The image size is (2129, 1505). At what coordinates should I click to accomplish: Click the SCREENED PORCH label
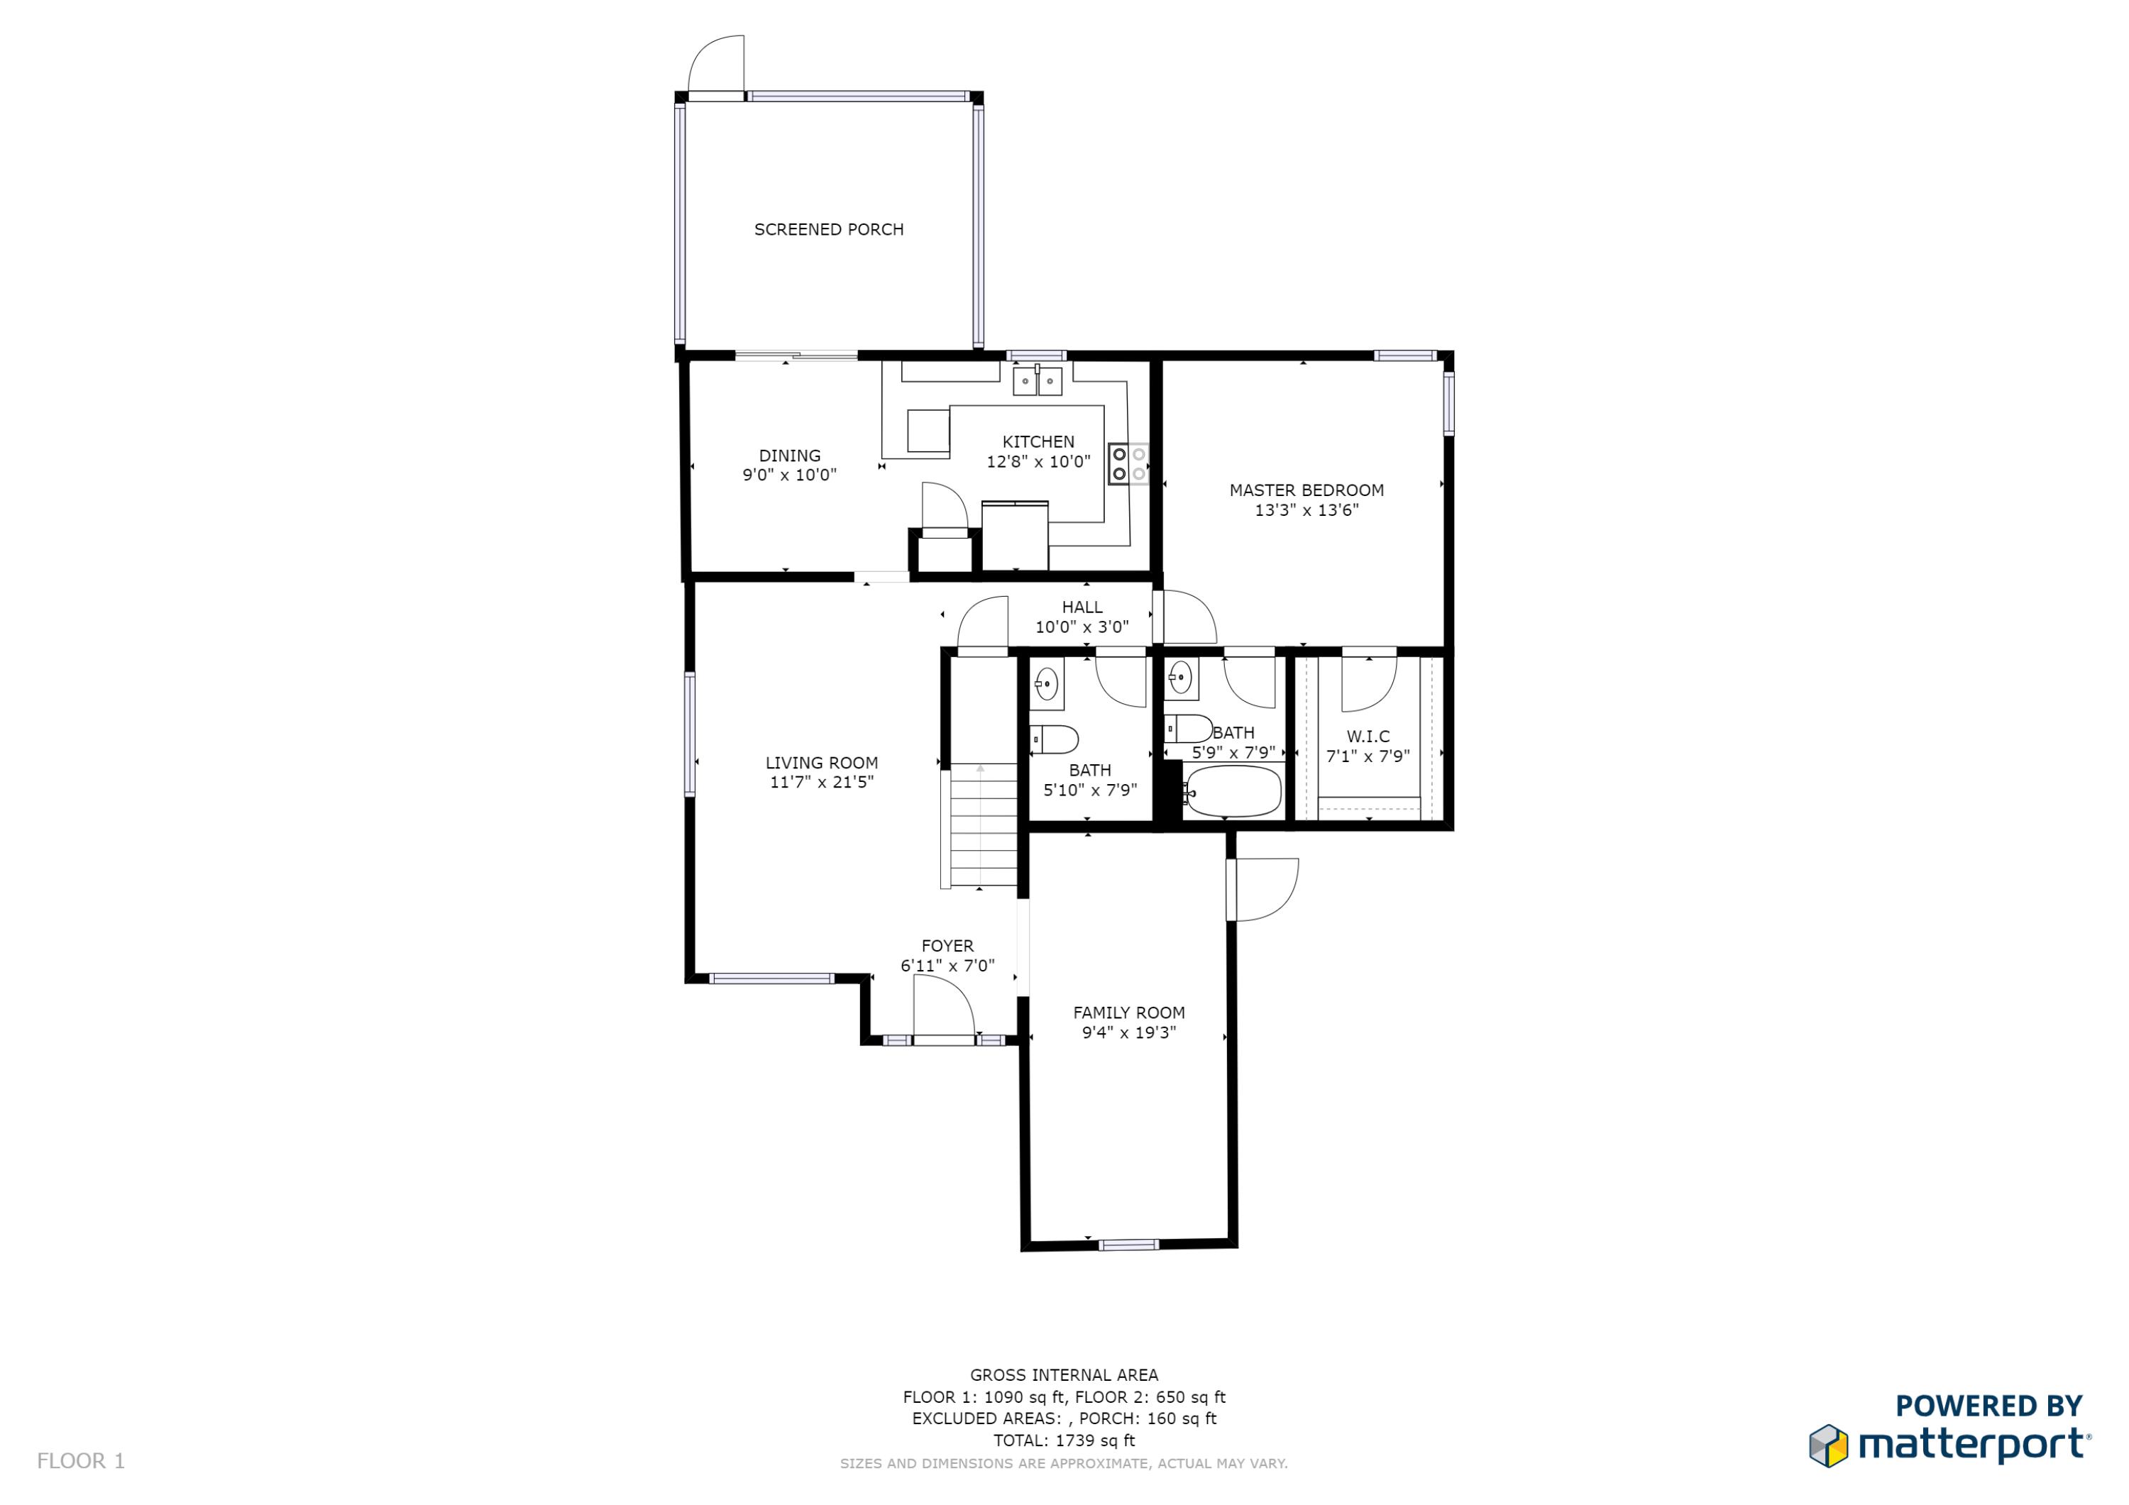828,229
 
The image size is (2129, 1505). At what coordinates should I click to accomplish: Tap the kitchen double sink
1037,380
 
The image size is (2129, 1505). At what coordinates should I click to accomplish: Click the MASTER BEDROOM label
1306,490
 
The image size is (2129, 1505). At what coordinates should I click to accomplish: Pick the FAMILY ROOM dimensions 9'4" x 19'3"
1128,1033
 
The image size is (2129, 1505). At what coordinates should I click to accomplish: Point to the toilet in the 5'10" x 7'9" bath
1055,739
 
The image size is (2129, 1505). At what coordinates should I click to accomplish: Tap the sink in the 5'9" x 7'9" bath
1179,678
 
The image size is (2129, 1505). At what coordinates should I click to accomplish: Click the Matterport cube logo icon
1827,1445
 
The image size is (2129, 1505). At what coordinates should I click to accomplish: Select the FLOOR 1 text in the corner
81,1460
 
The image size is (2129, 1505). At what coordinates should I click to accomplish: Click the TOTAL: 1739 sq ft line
1064,1440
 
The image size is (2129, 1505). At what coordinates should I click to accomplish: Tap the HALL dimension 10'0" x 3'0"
1082,627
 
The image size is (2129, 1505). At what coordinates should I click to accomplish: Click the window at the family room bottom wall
1128,1245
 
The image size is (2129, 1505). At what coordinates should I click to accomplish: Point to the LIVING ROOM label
820,762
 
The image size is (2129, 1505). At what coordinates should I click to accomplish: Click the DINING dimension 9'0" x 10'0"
789,475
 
